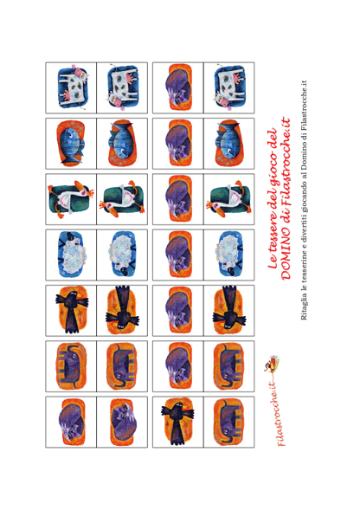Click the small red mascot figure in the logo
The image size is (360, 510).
click(x=272, y=364)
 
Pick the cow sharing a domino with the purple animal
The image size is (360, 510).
click(x=229, y=87)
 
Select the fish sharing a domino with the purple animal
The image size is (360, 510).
click(x=228, y=144)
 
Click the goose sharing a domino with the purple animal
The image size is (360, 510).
click(x=228, y=199)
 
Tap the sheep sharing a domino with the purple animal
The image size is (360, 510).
click(x=228, y=255)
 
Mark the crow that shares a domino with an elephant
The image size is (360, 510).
click(x=177, y=422)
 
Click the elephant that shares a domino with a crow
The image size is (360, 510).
click(x=228, y=422)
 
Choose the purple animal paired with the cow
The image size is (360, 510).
click(x=178, y=87)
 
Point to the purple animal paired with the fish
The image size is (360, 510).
click(x=178, y=144)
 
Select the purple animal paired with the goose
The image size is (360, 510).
click(x=178, y=199)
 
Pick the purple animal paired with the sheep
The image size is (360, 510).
click(x=178, y=255)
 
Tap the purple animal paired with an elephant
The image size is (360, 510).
click(x=178, y=366)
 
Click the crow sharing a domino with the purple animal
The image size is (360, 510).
click(x=228, y=311)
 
